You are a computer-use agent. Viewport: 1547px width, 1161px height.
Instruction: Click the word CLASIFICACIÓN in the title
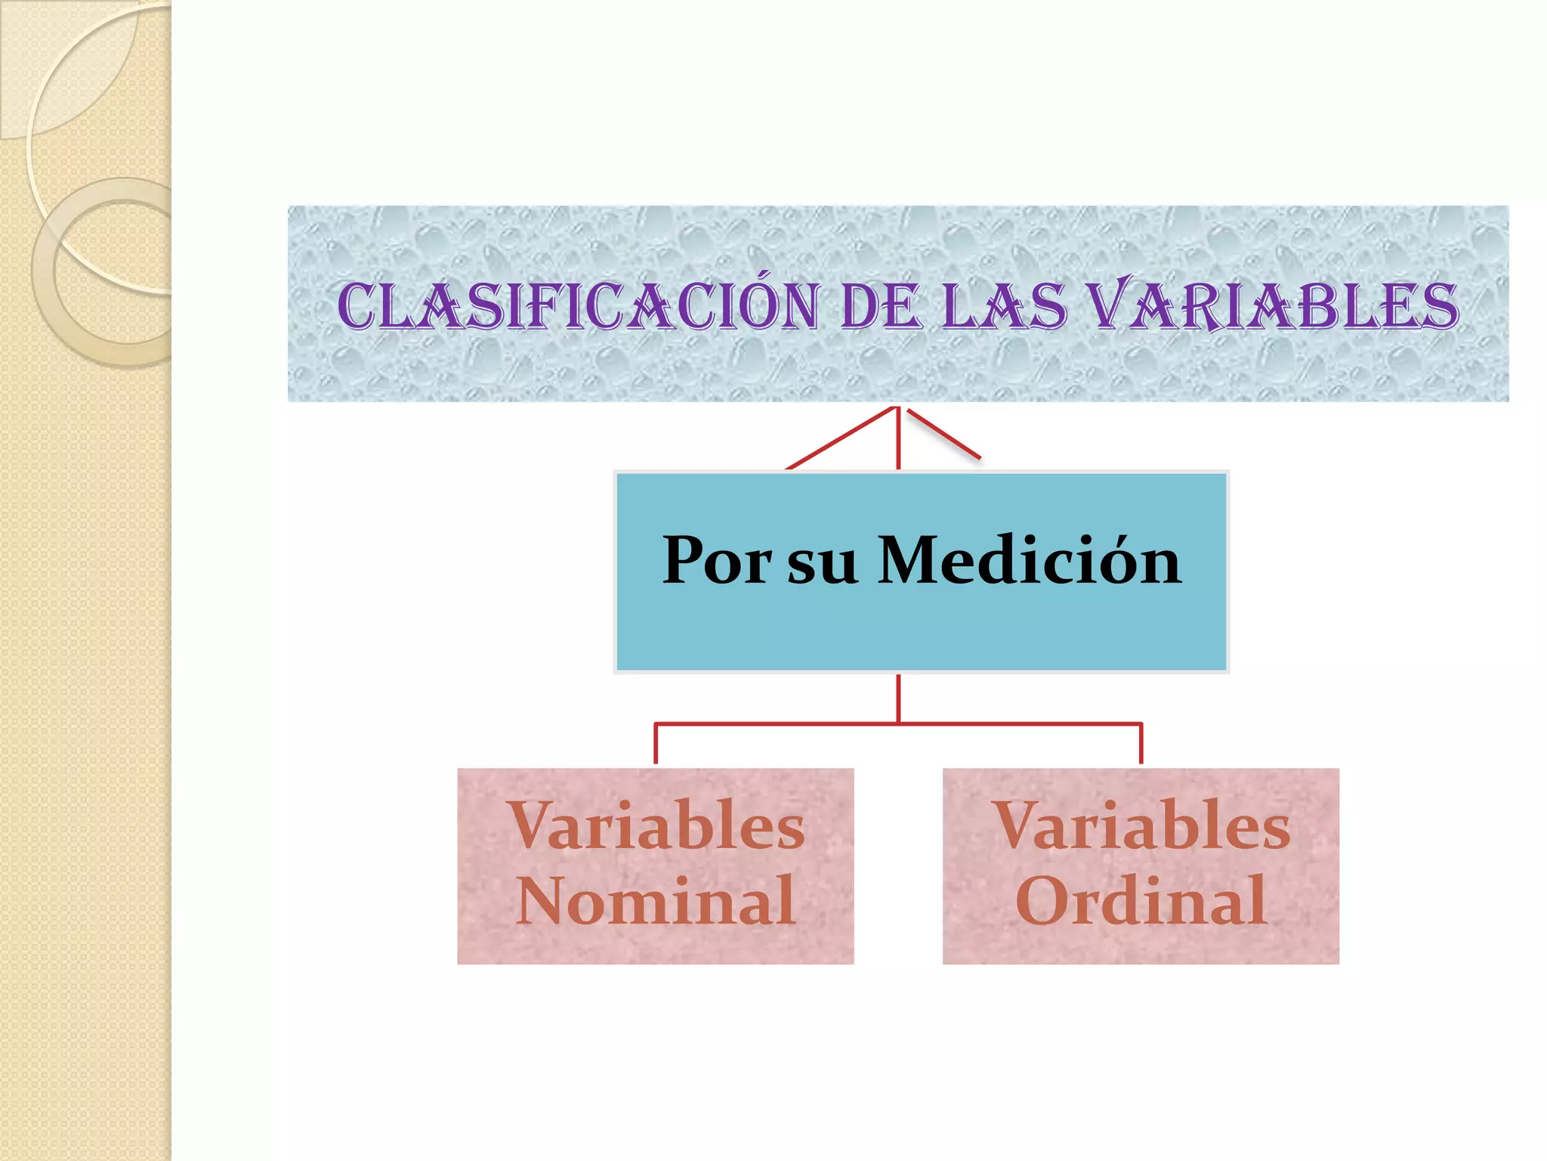(578, 306)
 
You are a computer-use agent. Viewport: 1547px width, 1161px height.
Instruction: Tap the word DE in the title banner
(880, 306)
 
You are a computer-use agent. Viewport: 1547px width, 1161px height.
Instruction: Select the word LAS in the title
(1005, 306)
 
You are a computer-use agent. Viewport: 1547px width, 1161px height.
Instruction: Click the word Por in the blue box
(716, 561)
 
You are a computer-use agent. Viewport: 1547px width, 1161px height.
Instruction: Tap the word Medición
(1029, 561)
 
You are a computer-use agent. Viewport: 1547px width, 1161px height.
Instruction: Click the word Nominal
(656, 900)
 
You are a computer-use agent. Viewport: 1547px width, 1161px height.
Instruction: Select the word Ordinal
(1141, 900)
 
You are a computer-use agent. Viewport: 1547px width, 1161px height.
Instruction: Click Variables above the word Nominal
(656, 826)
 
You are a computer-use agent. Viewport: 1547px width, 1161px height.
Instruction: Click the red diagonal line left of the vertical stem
(840, 439)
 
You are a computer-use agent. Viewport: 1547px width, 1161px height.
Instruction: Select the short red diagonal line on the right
(943, 435)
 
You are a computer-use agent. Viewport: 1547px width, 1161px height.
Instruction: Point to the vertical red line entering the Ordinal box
(1141, 745)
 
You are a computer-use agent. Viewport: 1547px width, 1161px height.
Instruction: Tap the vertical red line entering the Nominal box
(656, 745)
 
